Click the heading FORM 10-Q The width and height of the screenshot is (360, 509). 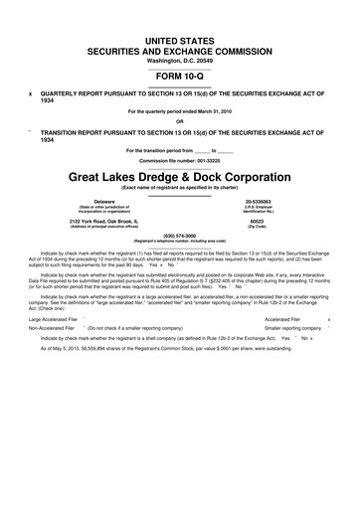click(x=180, y=76)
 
